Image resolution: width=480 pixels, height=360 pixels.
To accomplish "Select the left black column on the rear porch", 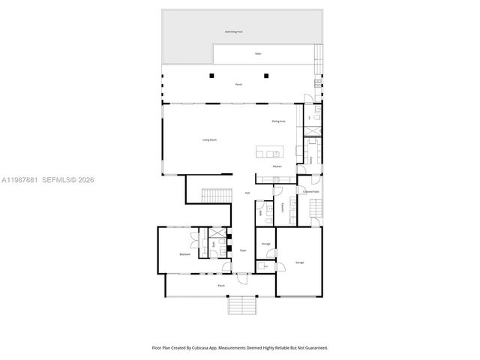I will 212,76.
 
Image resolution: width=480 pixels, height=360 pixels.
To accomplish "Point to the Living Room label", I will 209,139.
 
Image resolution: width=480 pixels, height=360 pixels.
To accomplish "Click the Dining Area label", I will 278,121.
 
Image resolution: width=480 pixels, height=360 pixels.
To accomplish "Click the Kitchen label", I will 277,166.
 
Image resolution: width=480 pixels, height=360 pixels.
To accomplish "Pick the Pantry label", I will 311,160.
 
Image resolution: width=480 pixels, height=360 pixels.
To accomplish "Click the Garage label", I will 299,262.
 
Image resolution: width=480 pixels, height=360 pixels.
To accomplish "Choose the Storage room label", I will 265,244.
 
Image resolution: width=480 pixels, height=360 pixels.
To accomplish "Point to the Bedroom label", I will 184,255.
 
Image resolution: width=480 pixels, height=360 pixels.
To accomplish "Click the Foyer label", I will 243,250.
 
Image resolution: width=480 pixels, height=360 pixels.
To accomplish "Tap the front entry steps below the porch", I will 242,306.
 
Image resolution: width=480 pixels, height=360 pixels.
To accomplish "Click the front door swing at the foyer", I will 241,279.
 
